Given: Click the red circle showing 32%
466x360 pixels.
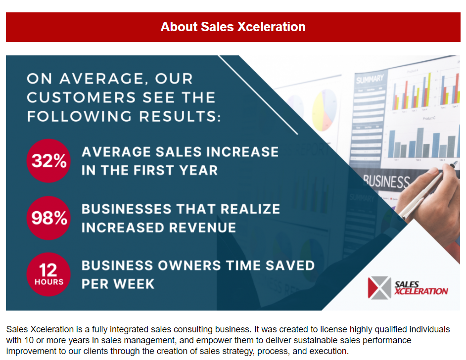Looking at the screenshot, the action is pyautogui.click(x=48, y=161).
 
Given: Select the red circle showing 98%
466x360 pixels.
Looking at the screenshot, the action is pyautogui.click(x=48, y=218).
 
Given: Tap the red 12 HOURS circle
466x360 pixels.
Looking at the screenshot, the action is pyautogui.click(x=48, y=274).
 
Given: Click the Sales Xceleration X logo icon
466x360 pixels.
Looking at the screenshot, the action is pyautogui.click(x=379, y=287).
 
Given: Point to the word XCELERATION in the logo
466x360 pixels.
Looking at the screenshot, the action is pyautogui.click(x=421, y=291).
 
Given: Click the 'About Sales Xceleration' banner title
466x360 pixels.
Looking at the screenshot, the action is pyautogui.click(x=233, y=27).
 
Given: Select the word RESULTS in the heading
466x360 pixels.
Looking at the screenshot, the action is pyautogui.click(x=180, y=116).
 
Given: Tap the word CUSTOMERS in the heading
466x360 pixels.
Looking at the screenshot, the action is pyautogui.click(x=82, y=97).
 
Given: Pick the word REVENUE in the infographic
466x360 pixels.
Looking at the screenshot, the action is pyautogui.click(x=203, y=228).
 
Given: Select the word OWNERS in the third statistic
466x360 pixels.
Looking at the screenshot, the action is pyautogui.click(x=189, y=266).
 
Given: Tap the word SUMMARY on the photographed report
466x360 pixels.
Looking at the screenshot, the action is pyautogui.click(x=370, y=79).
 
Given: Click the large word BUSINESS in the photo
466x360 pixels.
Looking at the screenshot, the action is pyautogui.click(x=386, y=181).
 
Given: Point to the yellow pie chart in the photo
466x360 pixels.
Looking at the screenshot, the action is pyautogui.click(x=325, y=110).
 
